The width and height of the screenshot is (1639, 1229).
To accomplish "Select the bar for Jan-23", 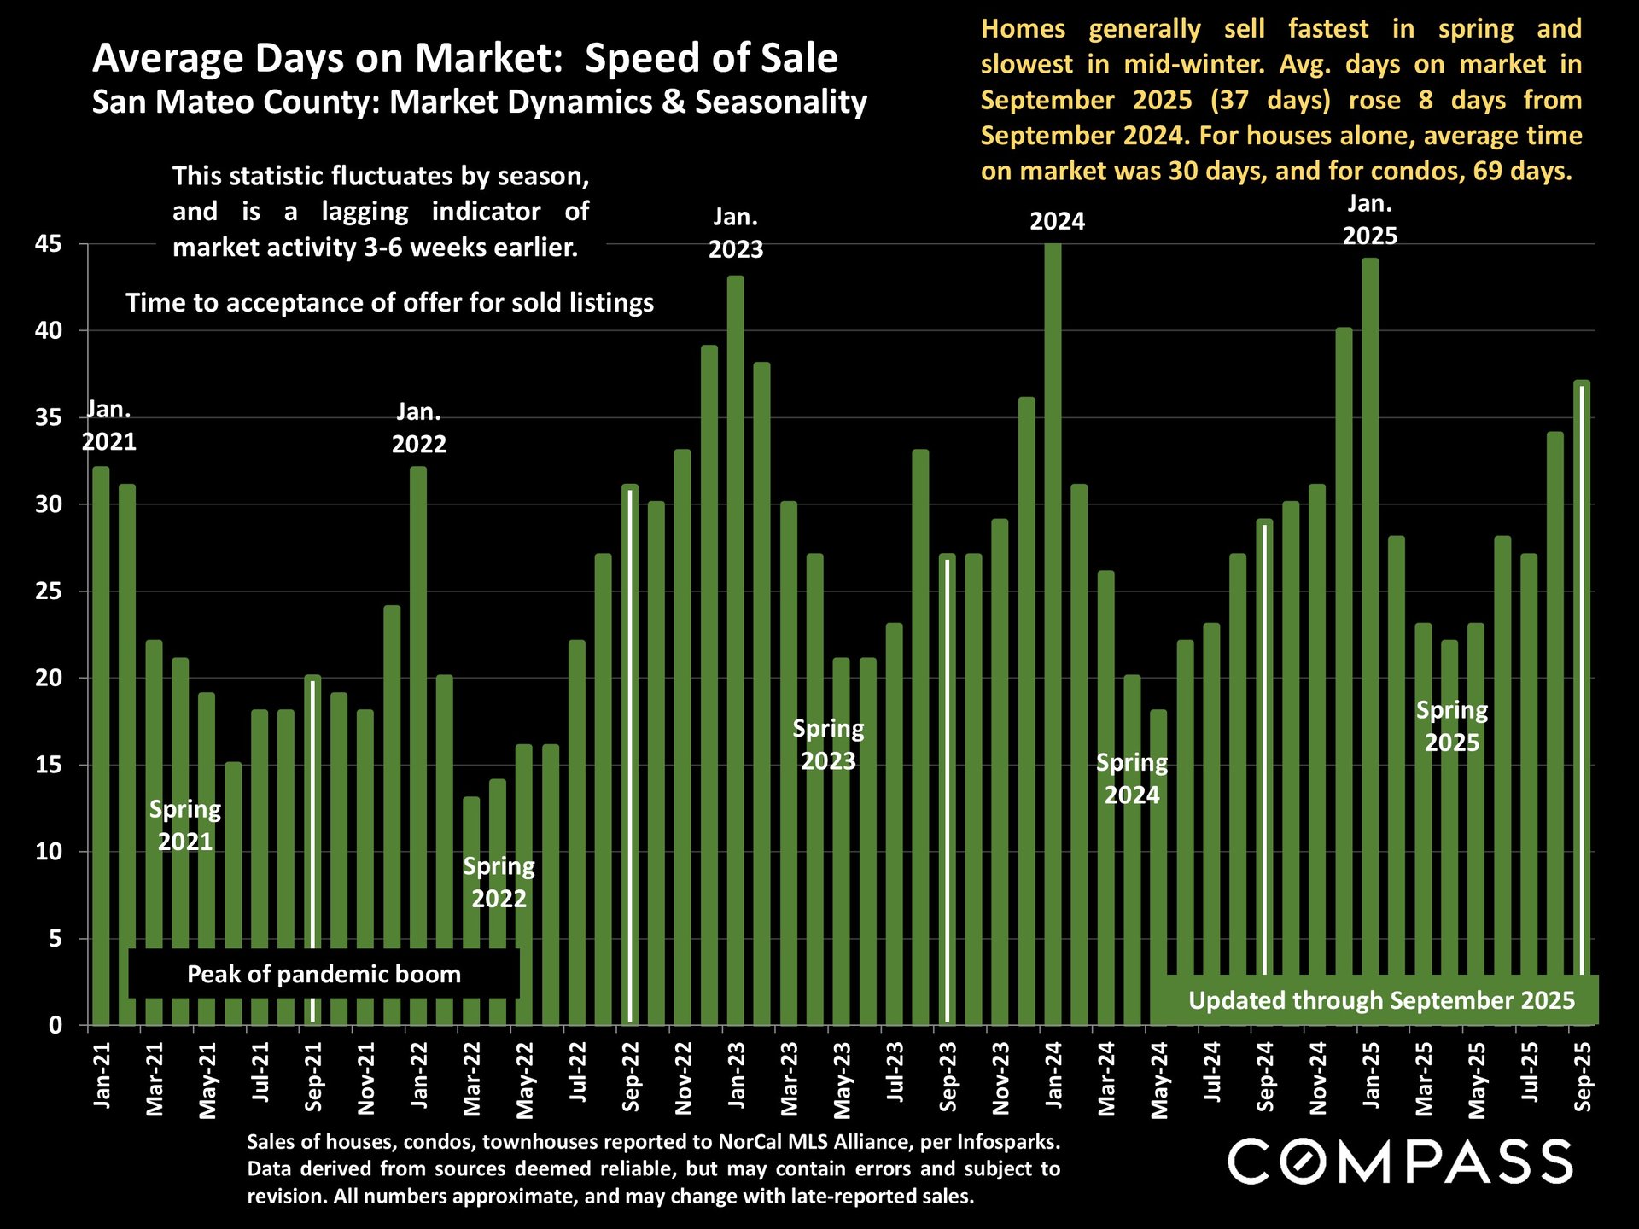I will point(735,649).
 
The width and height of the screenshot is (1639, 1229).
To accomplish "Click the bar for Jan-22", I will point(418,743).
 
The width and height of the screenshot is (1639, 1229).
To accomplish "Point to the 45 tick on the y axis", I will point(49,245).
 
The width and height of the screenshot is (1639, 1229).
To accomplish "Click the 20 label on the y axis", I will point(49,679).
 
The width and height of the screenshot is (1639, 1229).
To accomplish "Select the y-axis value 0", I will point(55,1025).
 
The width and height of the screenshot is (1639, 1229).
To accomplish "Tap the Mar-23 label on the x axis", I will point(790,1078).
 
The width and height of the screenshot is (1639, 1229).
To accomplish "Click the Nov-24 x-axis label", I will point(1319,1078).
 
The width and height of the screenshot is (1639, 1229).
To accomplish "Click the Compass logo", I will point(1400,1162).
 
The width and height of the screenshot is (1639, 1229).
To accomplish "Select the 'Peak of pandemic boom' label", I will point(324,974).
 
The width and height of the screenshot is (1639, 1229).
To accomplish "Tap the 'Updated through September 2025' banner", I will point(1381,1000).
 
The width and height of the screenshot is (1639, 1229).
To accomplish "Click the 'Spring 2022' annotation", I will point(499,882).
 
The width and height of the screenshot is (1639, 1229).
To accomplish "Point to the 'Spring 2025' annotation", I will point(1451,726).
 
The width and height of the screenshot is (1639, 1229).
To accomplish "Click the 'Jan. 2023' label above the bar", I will point(735,233).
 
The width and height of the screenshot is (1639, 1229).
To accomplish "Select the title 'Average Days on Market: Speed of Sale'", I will point(465,58).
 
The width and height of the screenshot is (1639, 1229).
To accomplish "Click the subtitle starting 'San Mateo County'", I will point(479,102).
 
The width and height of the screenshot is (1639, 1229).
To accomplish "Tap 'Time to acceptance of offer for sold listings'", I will point(389,303).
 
